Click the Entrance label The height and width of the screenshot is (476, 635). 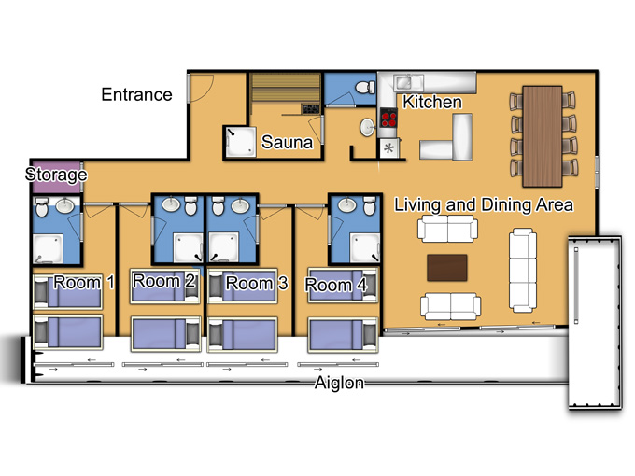pos(136,94)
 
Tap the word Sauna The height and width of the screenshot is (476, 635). pos(287,142)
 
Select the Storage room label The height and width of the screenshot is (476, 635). pos(56,175)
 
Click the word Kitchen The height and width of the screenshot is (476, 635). pos(432,102)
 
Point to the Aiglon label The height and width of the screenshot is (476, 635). pos(339,383)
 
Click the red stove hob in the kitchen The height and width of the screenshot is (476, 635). pos(388,118)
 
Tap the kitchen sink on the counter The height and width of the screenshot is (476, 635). pos(408,83)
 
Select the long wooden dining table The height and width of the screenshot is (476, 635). pos(543,136)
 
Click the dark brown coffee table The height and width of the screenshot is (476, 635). pos(447,268)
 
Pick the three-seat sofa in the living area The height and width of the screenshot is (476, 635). pos(523,270)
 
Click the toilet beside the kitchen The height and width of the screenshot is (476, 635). pos(365,87)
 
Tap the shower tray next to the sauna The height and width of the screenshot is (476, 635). pos(241,142)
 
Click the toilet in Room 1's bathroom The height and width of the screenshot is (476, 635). pos(41,206)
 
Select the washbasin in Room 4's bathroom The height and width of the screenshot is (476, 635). pos(347,204)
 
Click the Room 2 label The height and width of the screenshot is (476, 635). pos(164,281)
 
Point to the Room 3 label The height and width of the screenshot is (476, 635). pos(257,283)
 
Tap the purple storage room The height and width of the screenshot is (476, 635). pos(56,177)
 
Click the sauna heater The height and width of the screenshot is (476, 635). pos(310,108)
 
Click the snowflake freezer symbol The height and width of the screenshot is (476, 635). pos(388,148)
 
